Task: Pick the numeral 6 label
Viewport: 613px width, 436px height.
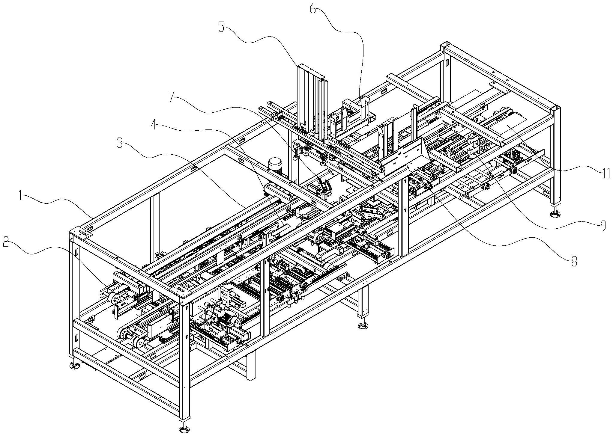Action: [x=313, y=9]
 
